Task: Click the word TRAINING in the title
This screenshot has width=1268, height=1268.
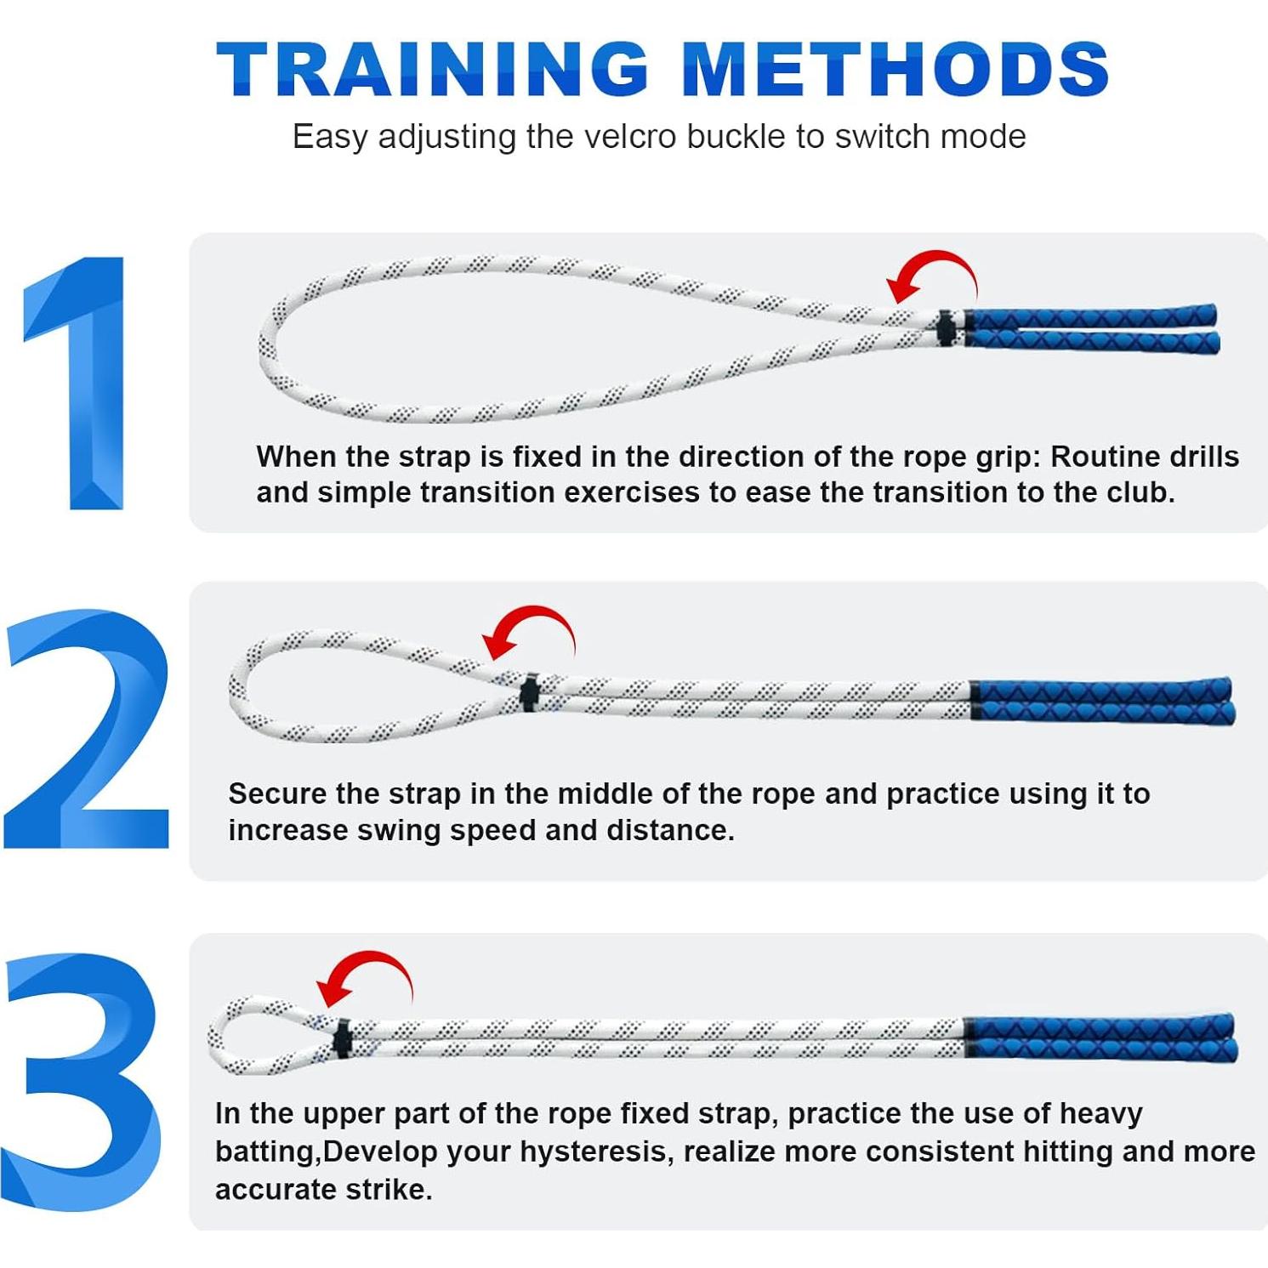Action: coord(432,70)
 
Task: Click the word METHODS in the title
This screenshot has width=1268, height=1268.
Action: coord(896,70)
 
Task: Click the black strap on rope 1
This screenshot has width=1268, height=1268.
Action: coord(946,328)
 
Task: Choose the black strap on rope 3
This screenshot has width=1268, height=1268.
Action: coord(343,1038)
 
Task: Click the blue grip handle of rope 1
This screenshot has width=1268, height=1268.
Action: coord(1093,328)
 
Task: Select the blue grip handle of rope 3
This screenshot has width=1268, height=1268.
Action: coord(1101,1037)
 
